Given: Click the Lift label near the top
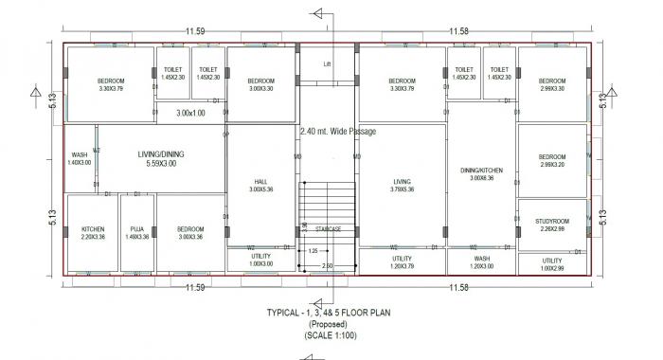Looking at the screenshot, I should (328, 64).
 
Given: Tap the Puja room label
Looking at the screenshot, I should (137, 229).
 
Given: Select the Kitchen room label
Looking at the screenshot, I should (93, 229).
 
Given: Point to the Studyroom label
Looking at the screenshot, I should (551, 221).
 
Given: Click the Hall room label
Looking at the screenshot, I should (260, 182).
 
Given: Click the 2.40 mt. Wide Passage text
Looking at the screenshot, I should (337, 132).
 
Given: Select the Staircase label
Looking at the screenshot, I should (329, 228).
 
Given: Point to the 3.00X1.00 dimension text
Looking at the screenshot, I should (190, 113).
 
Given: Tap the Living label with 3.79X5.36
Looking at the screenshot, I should (402, 182).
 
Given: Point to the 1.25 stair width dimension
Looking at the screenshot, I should (313, 251).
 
